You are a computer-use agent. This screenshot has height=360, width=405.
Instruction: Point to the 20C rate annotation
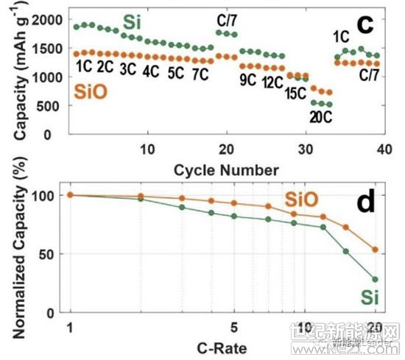[322, 116]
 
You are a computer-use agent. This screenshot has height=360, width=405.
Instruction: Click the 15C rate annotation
[297, 93]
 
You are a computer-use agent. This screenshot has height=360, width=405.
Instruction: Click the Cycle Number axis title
[226, 170]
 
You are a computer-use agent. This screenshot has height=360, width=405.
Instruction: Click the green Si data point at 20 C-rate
[375, 279]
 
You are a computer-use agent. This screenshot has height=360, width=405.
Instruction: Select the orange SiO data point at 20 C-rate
[375, 250]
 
